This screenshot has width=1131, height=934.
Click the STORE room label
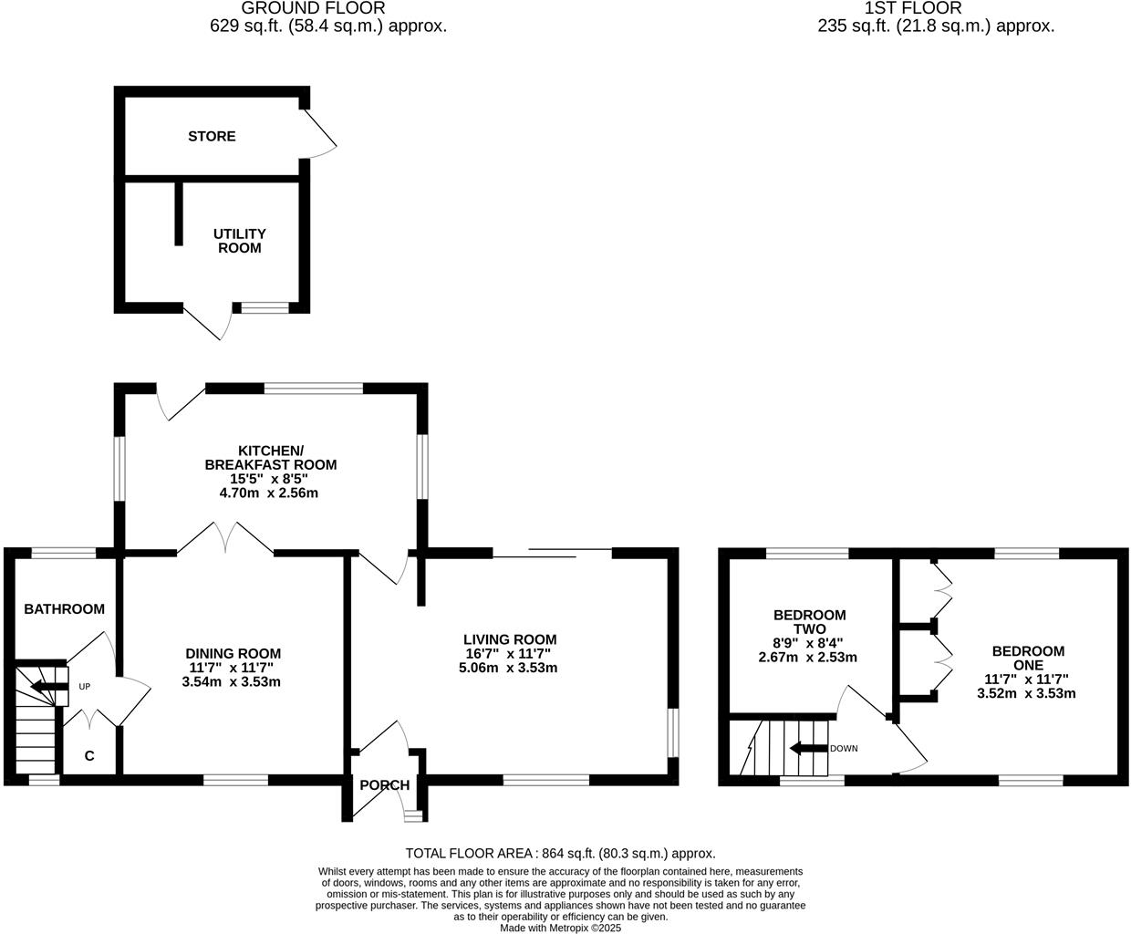[212, 136]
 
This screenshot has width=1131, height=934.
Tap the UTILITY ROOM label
[240, 241]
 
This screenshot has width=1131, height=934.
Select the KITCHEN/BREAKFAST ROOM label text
[270, 458]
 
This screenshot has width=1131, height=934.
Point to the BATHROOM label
[64, 608]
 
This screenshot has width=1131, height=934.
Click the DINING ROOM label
[233, 653]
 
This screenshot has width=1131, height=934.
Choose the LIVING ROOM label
[509, 639]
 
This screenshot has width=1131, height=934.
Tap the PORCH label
[384, 785]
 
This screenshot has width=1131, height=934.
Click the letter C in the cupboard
[89, 756]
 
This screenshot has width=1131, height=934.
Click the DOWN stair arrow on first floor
[807, 749]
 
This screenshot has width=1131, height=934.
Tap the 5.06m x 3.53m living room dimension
[508, 668]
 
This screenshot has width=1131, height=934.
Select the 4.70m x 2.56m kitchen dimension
[270, 493]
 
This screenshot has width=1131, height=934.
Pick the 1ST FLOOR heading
[936, 8]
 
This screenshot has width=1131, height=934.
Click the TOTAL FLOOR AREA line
[560, 854]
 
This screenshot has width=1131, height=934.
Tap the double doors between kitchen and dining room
[225, 538]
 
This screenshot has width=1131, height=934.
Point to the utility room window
[265, 308]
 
